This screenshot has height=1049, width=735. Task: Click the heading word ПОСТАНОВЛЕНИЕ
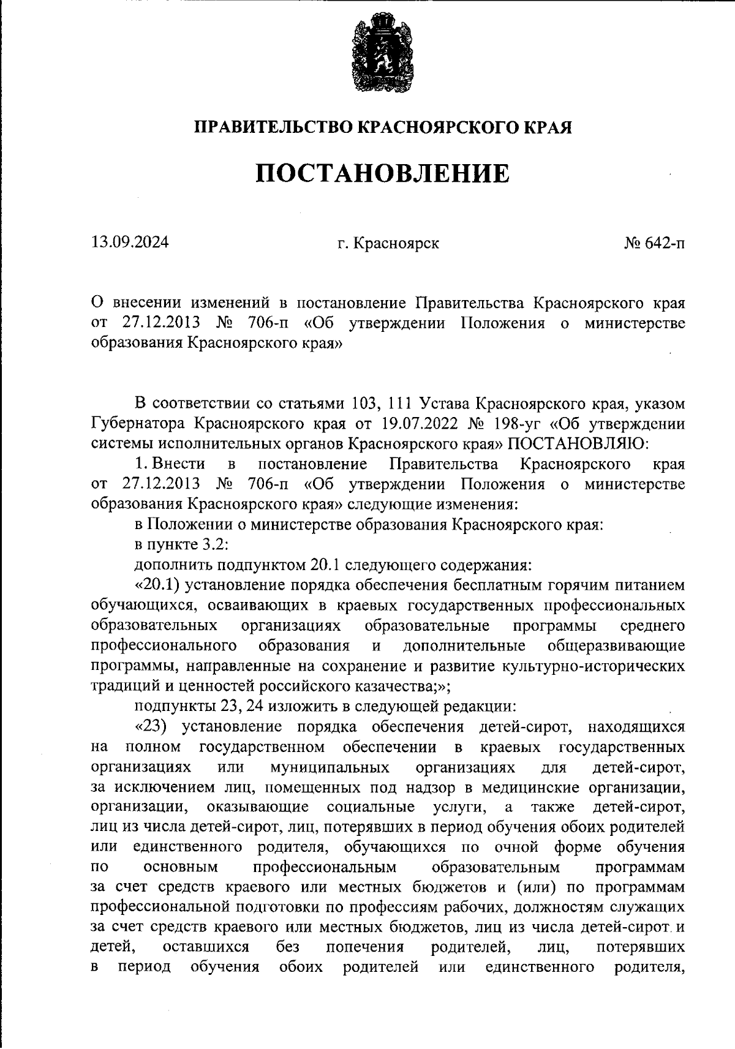click(x=382, y=174)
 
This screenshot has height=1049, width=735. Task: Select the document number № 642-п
click(x=654, y=244)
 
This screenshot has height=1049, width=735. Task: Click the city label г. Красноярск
click(x=388, y=244)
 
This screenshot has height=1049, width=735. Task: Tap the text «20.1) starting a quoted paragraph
click(x=156, y=585)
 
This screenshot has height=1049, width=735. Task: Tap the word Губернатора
click(x=137, y=423)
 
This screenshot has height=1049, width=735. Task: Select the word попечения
click(x=364, y=947)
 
